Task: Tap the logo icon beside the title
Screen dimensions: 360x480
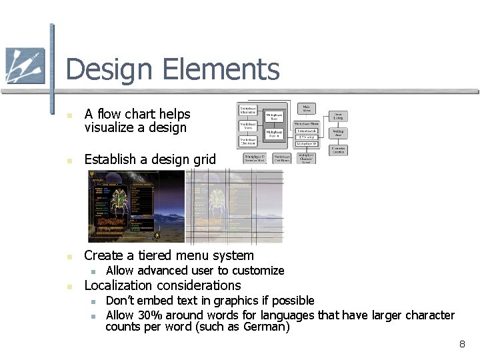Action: click(x=25, y=66)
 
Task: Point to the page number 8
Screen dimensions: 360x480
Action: click(x=461, y=344)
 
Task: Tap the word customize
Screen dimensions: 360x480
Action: click(x=257, y=271)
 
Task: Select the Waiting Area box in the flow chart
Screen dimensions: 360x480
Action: click(x=339, y=133)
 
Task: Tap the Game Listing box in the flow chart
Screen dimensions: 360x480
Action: click(x=338, y=116)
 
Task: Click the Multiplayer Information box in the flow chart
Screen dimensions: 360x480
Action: click(x=249, y=110)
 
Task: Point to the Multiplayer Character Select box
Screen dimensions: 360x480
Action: click(x=306, y=158)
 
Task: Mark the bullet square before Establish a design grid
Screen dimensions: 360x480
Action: click(x=69, y=160)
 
